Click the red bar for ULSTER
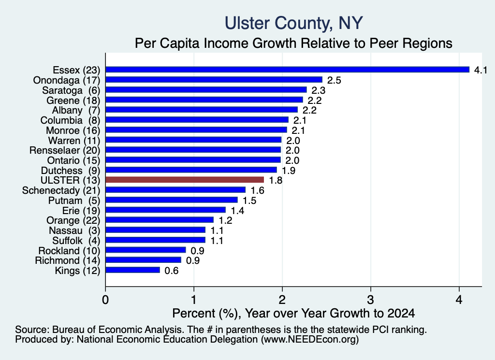tap(185, 180)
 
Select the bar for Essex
tap(288, 70)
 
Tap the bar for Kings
tap(133, 270)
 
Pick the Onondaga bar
tap(214, 80)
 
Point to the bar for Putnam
tap(172, 200)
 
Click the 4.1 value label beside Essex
tap(480, 70)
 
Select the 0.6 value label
tap(172, 271)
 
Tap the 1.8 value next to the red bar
tap(275, 180)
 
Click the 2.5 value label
tap(334, 80)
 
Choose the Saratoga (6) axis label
tap(71, 90)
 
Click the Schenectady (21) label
tap(61, 190)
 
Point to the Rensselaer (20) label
tap(65, 150)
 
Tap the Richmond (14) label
tap(68, 260)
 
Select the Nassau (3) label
tap(74, 230)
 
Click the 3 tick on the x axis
tap(371, 300)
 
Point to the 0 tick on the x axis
tap(105, 300)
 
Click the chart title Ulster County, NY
tap(293, 23)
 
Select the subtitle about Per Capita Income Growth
tap(293, 43)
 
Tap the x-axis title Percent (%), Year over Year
tap(293, 313)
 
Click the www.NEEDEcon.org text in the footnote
tap(310, 340)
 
